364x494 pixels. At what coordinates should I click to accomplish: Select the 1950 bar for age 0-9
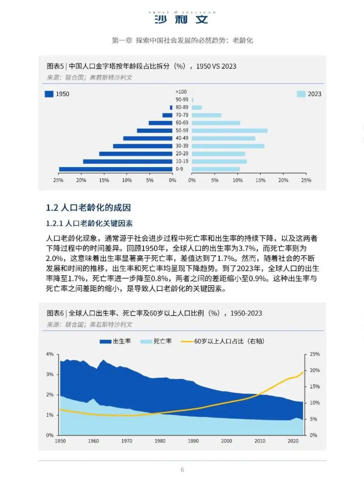115,169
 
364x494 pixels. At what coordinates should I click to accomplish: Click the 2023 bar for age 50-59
229,131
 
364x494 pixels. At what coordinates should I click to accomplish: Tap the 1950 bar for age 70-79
167,115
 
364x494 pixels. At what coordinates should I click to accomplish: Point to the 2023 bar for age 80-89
197,108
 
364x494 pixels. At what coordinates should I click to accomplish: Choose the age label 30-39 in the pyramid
182,146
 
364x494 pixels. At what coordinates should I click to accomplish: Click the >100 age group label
181,92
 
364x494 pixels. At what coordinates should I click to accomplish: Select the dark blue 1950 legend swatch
49,94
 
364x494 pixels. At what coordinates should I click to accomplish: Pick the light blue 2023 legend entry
309,94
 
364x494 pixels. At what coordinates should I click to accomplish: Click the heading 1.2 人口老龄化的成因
88,208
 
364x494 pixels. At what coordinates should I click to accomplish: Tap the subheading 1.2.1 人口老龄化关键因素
89,224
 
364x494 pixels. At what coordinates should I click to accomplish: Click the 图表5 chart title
141,66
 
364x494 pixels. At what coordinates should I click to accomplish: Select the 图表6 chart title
154,313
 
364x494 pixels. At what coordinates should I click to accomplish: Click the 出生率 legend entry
115,341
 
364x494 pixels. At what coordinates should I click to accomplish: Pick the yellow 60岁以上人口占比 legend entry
223,341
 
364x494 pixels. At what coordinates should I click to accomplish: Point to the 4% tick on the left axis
50,354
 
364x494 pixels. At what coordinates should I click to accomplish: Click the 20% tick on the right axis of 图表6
315,370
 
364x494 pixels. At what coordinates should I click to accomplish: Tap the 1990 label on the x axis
193,441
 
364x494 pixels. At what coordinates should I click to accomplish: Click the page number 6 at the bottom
182,470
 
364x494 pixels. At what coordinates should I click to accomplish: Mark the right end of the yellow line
303,372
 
